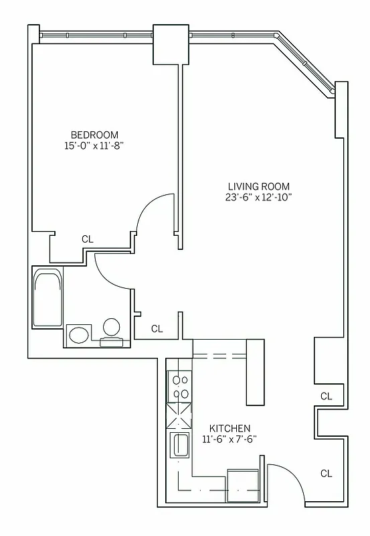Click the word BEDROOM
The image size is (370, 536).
pyautogui.click(x=95, y=133)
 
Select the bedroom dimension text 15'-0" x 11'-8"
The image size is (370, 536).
pyautogui.click(x=95, y=145)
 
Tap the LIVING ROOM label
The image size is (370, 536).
pyautogui.click(x=259, y=186)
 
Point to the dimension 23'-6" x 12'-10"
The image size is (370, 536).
pyautogui.click(x=259, y=198)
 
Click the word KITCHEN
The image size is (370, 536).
pyautogui.click(x=229, y=428)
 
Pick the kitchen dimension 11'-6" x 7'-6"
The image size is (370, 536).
pyautogui.click(x=229, y=440)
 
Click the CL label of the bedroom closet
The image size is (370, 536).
pyautogui.click(x=87, y=239)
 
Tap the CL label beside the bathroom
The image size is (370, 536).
pyautogui.click(x=157, y=328)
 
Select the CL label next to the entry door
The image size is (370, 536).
pyautogui.click(x=325, y=473)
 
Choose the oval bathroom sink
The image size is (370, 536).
pyautogui.click(x=80, y=334)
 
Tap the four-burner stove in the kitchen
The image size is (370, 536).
pyautogui.click(x=180, y=387)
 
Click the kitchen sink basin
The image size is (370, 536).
pyautogui.click(x=181, y=444)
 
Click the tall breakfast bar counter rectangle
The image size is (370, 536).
pyautogui.click(x=256, y=372)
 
